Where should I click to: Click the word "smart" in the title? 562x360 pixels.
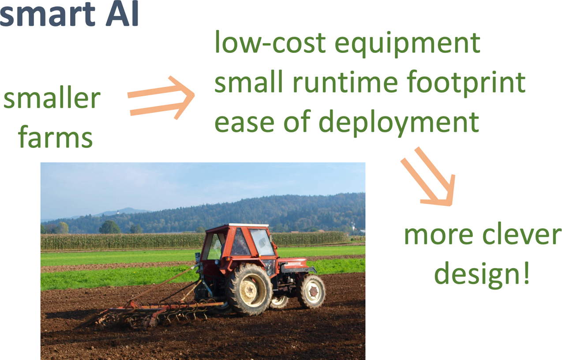point(47,15)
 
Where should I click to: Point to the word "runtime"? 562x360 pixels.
point(345,82)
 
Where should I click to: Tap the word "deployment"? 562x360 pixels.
point(399,123)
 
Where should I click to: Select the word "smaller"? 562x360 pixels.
point(52,97)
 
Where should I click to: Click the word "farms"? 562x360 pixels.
point(56,136)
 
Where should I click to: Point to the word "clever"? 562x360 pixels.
point(521,233)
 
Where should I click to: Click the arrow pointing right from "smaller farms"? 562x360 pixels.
point(161,98)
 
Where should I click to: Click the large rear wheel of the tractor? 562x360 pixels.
point(249,289)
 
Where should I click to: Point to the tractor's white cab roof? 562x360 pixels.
point(248,225)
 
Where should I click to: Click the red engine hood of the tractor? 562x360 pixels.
point(293,263)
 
